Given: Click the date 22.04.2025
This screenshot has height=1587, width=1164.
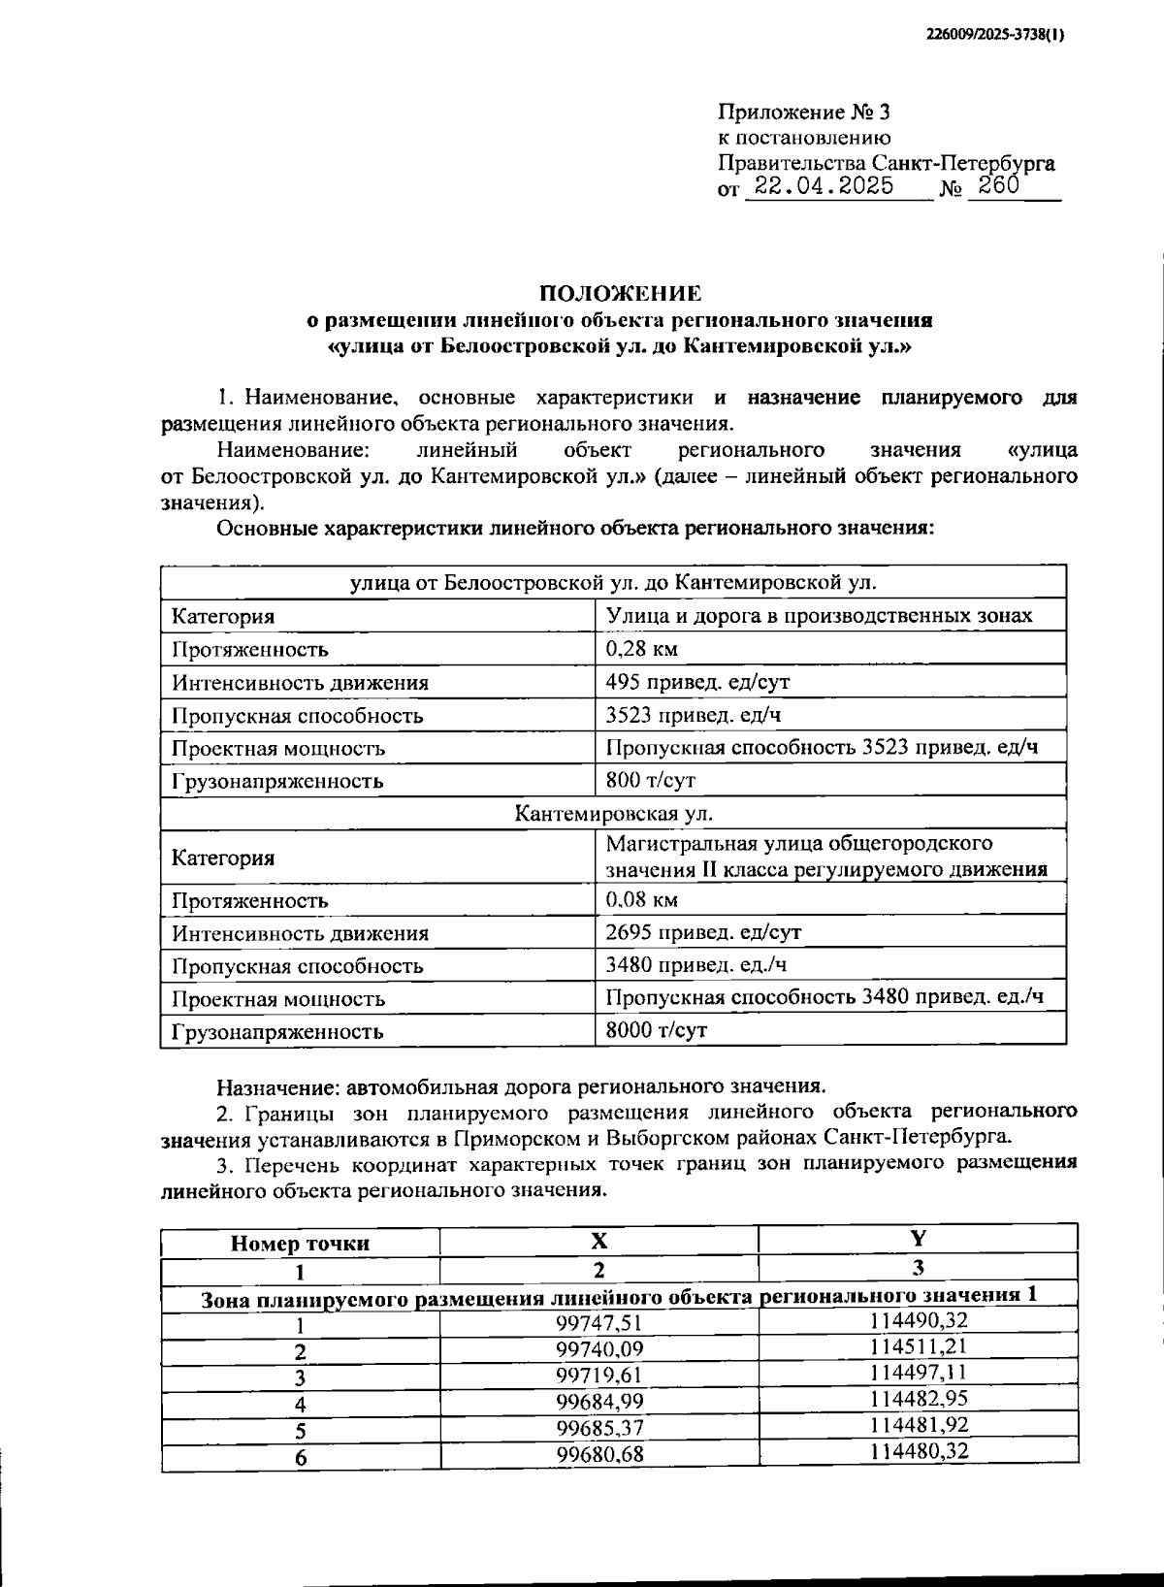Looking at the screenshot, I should (824, 185).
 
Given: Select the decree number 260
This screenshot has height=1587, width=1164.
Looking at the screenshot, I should (998, 185).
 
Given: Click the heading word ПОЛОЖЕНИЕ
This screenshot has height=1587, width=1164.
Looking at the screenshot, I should (620, 293).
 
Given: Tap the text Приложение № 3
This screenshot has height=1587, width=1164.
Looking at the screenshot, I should (803, 113).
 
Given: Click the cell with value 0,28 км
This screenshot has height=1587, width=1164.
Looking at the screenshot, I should (641, 648).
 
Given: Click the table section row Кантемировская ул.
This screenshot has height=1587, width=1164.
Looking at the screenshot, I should (613, 813).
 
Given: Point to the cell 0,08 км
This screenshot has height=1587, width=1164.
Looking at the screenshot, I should (641, 899).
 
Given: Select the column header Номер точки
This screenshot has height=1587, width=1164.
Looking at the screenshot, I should (300, 1244).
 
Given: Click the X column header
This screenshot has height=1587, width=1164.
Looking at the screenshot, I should (598, 1241).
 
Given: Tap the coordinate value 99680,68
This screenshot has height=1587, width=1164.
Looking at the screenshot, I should (598, 1454).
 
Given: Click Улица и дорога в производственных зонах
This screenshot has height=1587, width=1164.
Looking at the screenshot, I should (819, 615).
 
